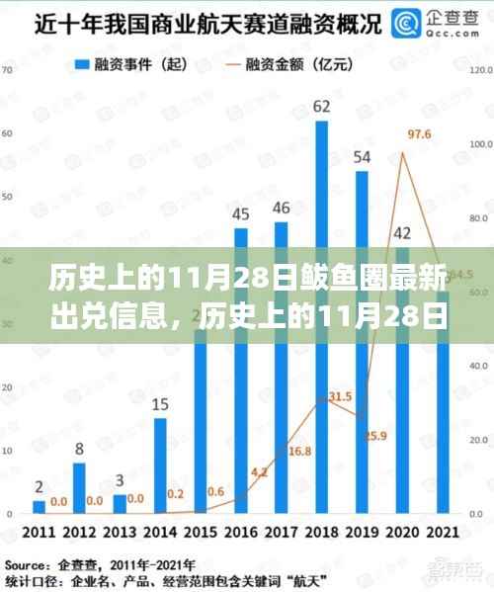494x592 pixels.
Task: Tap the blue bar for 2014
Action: point(161,465)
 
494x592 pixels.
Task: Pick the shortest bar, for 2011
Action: point(40,506)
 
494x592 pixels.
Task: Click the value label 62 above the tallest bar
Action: point(321,106)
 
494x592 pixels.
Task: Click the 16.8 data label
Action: point(299,452)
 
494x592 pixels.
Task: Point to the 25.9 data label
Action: point(375,436)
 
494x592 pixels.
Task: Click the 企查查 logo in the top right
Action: point(426,22)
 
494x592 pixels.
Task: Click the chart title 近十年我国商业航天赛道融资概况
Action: point(193,22)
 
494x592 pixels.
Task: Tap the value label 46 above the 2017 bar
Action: point(282,208)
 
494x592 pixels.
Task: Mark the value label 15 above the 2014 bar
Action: point(161,403)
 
